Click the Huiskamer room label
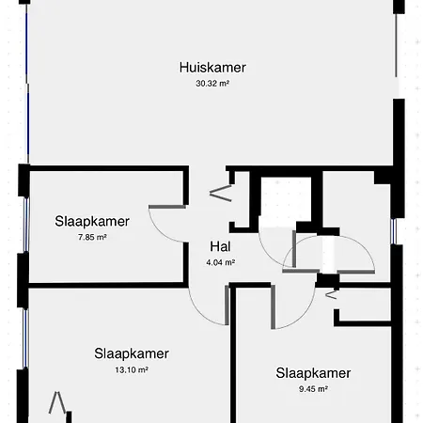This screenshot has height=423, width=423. (212, 68)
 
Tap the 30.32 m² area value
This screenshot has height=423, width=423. (212, 84)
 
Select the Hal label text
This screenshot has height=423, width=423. (220, 246)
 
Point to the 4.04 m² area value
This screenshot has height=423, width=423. (221, 262)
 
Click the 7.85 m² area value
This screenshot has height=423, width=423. (92, 237)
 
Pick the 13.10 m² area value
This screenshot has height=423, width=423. (132, 369)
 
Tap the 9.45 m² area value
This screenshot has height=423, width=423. (313, 389)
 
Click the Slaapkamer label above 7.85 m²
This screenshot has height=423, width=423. (92, 221)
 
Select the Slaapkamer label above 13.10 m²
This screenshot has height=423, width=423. (132, 353)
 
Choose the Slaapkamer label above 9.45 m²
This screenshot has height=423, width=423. (313, 373)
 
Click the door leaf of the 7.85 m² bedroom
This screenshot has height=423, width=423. (167, 207)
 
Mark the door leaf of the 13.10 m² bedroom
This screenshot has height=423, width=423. (227, 305)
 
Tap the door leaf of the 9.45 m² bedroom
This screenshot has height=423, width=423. (274, 307)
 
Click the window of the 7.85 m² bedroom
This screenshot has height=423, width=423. (26, 225)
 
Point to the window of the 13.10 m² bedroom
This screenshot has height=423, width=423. (25, 338)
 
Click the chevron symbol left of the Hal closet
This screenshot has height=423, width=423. (221, 193)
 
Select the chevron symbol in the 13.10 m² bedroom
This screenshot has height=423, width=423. (57, 402)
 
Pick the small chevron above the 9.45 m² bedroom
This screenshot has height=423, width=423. (331, 295)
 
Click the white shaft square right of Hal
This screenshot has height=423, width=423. (286, 196)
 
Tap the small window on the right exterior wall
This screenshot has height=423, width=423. (394, 231)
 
